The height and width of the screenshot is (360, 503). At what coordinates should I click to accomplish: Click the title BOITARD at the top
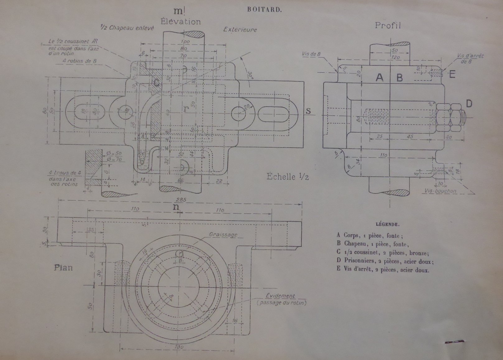click(264, 9)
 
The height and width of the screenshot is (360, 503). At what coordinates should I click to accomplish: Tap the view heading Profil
click(388, 25)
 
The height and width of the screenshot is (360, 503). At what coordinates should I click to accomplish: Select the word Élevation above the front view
click(180, 22)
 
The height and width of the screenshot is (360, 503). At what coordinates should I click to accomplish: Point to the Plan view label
click(63, 267)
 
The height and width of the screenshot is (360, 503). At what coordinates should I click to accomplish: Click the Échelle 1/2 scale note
click(287, 177)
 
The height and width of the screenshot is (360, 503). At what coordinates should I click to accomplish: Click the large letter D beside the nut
click(469, 104)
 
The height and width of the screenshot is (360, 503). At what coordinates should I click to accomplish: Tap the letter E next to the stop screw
click(452, 74)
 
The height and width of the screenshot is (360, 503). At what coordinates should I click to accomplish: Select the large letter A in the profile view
click(380, 77)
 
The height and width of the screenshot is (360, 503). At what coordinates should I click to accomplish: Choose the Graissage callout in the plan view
click(223, 235)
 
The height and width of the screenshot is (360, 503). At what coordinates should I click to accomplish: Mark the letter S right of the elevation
click(308, 111)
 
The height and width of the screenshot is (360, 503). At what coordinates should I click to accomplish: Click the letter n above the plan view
click(176, 207)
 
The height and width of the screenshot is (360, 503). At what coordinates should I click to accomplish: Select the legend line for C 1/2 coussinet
click(383, 252)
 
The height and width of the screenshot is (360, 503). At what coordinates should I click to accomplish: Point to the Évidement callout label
click(280, 296)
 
